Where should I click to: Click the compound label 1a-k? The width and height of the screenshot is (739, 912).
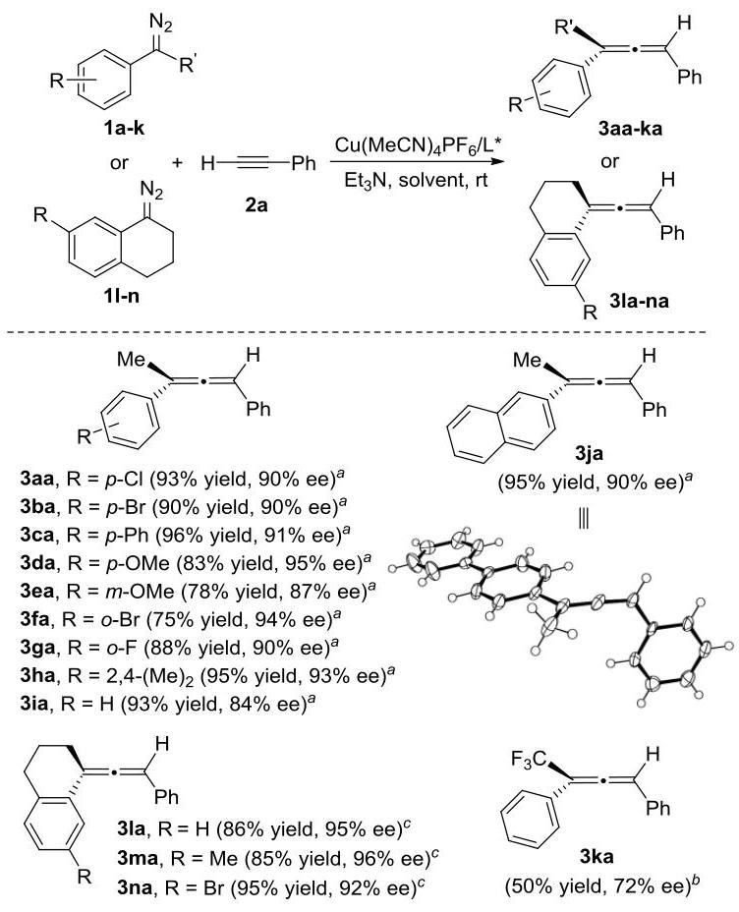pos(124,129)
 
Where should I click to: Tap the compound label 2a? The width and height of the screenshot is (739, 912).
pos(256,204)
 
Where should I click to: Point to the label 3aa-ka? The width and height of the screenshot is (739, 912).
pos(630,128)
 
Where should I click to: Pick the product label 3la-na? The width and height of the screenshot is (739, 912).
pos(639,301)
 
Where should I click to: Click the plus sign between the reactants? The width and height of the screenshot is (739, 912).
pos(177,162)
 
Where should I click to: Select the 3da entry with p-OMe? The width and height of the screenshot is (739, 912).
pos(196,563)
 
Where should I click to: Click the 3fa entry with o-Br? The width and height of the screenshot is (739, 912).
pos(180,619)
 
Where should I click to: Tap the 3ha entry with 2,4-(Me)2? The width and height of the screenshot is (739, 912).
pos(207,675)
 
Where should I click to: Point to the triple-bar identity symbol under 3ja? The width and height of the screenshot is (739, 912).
pos(584,518)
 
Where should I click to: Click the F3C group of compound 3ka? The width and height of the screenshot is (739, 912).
pos(529,760)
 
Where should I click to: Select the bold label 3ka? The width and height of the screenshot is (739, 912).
pos(597,856)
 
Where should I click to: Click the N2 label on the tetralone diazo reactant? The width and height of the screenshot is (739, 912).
pos(151,191)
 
